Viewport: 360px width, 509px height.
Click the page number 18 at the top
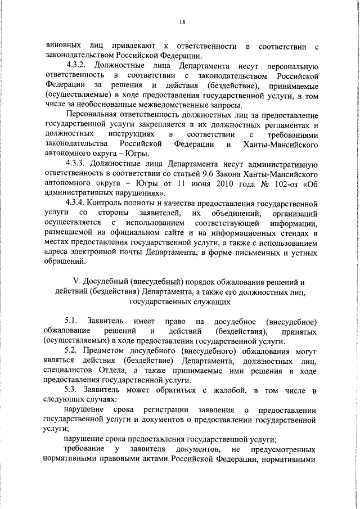[182, 22]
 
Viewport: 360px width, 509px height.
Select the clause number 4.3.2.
[78, 66]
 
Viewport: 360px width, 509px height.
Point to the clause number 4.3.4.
[78, 202]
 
